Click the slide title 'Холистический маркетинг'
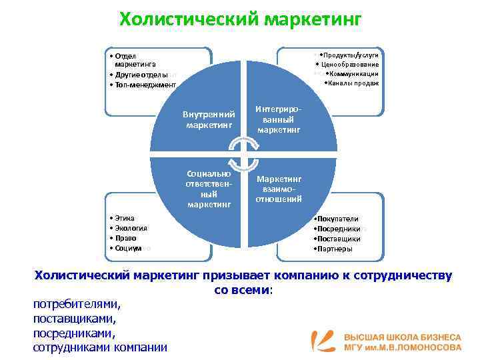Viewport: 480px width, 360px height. pos(240,18)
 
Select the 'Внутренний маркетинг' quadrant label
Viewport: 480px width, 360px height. pos(209,119)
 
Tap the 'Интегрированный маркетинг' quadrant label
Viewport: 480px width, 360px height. pos(279,119)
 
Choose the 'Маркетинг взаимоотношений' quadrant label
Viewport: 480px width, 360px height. pos(279,189)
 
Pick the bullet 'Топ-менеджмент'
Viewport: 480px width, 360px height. pos(143,85)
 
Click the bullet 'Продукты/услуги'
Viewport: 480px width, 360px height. pos(351,55)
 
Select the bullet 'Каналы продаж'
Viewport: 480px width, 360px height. pos(353,83)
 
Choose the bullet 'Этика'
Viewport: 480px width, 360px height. pos(123,218)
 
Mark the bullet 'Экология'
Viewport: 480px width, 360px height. pos(129,228)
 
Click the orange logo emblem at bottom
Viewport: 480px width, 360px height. pos(325,341)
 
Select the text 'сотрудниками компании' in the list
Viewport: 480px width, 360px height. pos(100,347)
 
